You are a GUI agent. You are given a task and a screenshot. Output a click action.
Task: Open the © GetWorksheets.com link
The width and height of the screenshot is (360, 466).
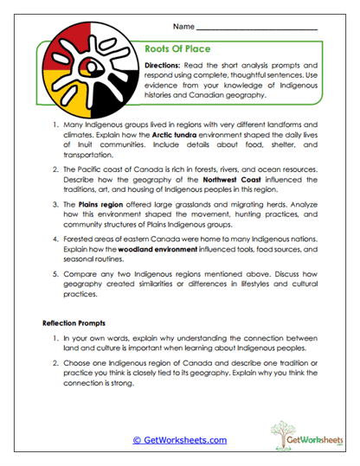pyautogui.click(x=180, y=439)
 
